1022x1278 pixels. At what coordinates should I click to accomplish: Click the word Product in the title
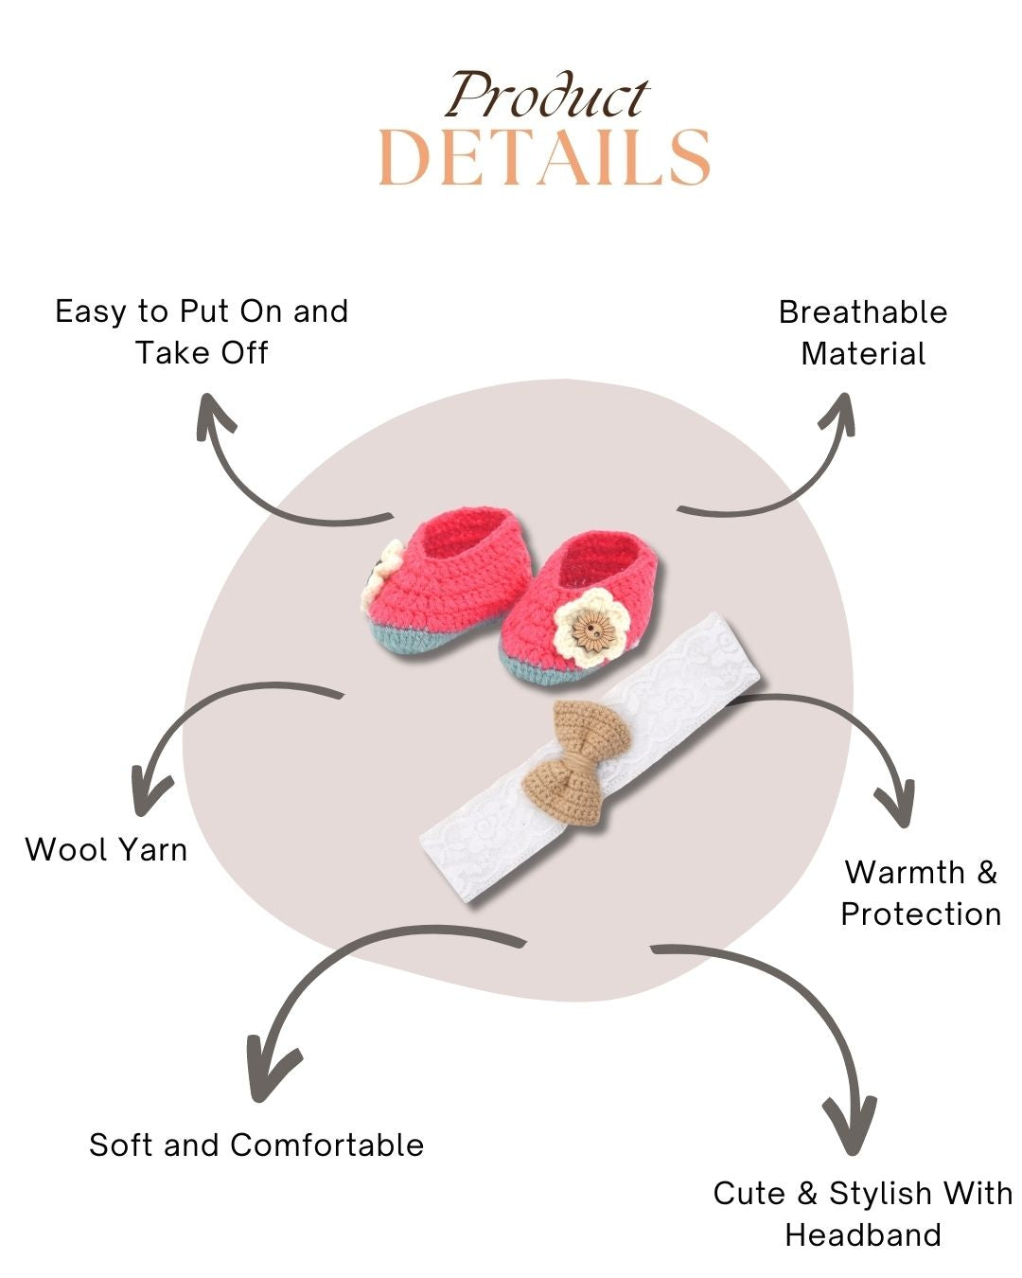pyautogui.click(x=547, y=96)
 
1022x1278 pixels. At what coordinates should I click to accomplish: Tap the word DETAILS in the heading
pyautogui.click(x=544, y=157)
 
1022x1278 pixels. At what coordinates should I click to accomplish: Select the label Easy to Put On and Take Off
pyautogui.click(x=202, y=331)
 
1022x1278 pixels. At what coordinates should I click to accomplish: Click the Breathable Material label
pyautogui.click(x=863, y=332)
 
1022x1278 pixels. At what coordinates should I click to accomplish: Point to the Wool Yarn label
pyautogui.click(x=106, y=849)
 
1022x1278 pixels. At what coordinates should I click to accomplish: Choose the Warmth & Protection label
pyautogui.click(x=921, y=893)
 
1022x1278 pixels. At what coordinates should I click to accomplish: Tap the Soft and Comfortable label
pyautogui.click(x=256, y=1145)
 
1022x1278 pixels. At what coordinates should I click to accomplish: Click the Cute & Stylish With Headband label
pyautogui.click(x=863, y=1214)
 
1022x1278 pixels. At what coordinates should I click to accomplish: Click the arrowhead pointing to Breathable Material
pyautogui.click(x=838, y=413)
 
